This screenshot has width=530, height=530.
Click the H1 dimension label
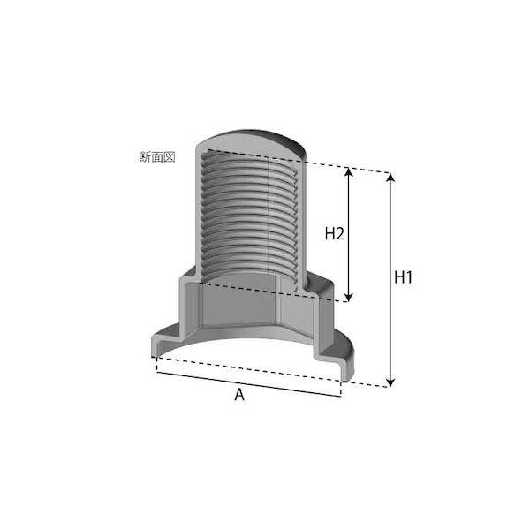404,277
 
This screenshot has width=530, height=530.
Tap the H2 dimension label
334,233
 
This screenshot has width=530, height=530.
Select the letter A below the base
239,395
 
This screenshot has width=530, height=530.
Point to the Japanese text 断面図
157,157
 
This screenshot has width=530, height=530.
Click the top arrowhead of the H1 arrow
390,178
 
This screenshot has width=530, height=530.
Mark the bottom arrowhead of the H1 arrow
390,382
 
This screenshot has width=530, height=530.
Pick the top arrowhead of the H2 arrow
349,171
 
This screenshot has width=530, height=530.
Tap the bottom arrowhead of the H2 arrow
349,297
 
